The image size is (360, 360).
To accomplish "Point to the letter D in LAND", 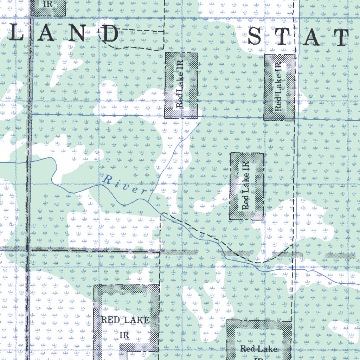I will (110, 34).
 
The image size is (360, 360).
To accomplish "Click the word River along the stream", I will (125, 185).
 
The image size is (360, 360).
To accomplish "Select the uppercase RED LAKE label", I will (125, 320).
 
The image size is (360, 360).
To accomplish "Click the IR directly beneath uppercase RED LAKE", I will (124, 335).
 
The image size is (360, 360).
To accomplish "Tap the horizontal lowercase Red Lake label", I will (259, 349).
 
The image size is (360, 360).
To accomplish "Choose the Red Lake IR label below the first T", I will (279, 87).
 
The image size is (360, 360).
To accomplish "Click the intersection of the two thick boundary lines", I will (29, 250).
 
